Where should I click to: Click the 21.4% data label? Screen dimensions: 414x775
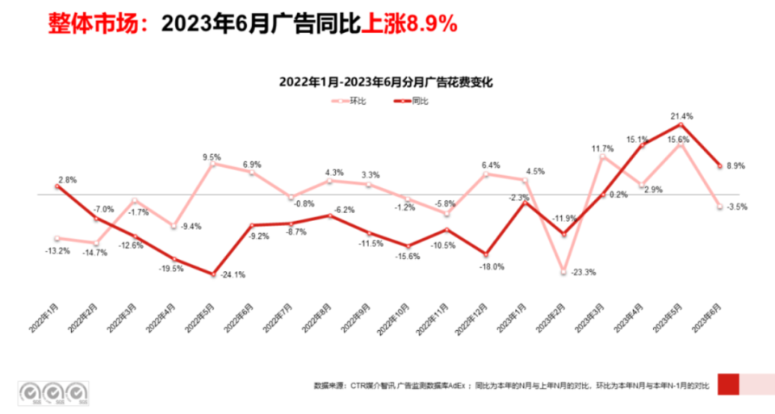tap(682, 116)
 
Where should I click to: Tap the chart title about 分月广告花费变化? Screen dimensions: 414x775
tap(386, 82)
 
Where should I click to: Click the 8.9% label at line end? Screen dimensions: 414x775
tap(735, 165)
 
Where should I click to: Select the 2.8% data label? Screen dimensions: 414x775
tap(67, 180)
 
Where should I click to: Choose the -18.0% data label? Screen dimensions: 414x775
tap(492, 266)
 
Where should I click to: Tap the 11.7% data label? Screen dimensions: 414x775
tap(602, 149)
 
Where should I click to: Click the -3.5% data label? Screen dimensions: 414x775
tap(736, 207)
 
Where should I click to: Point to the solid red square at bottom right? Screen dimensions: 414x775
tap(727, 384)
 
